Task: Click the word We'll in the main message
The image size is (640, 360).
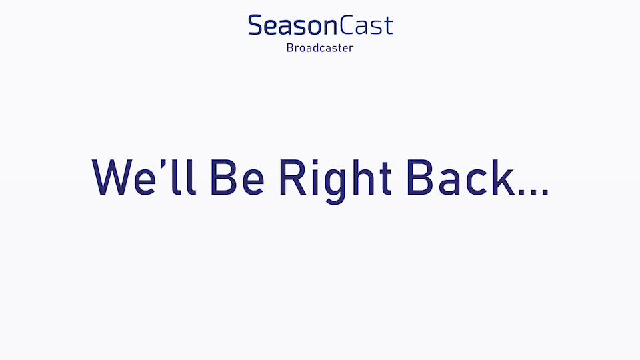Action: pos(144,177)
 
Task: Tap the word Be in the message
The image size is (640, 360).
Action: pos(237,177)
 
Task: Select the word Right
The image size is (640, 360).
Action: pos(335,181)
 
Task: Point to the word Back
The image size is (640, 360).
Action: pos(461,177)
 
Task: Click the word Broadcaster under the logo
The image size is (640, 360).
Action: pos(320,48)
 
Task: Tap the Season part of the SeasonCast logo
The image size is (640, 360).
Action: pos(293,25)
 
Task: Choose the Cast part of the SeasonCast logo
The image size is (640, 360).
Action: pos(366,25)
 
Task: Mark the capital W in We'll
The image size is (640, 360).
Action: pos(112,177)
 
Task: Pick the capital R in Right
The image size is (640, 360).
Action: pos(293,177)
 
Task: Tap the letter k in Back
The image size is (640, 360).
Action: pos(503,177)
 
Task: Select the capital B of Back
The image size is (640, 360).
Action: pos(420,177)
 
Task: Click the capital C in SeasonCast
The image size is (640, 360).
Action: pos(347,25)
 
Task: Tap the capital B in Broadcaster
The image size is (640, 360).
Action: pos(290,48)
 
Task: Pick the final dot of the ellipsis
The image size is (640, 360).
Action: pos(545,192)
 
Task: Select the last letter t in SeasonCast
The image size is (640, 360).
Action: pos(388,26)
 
